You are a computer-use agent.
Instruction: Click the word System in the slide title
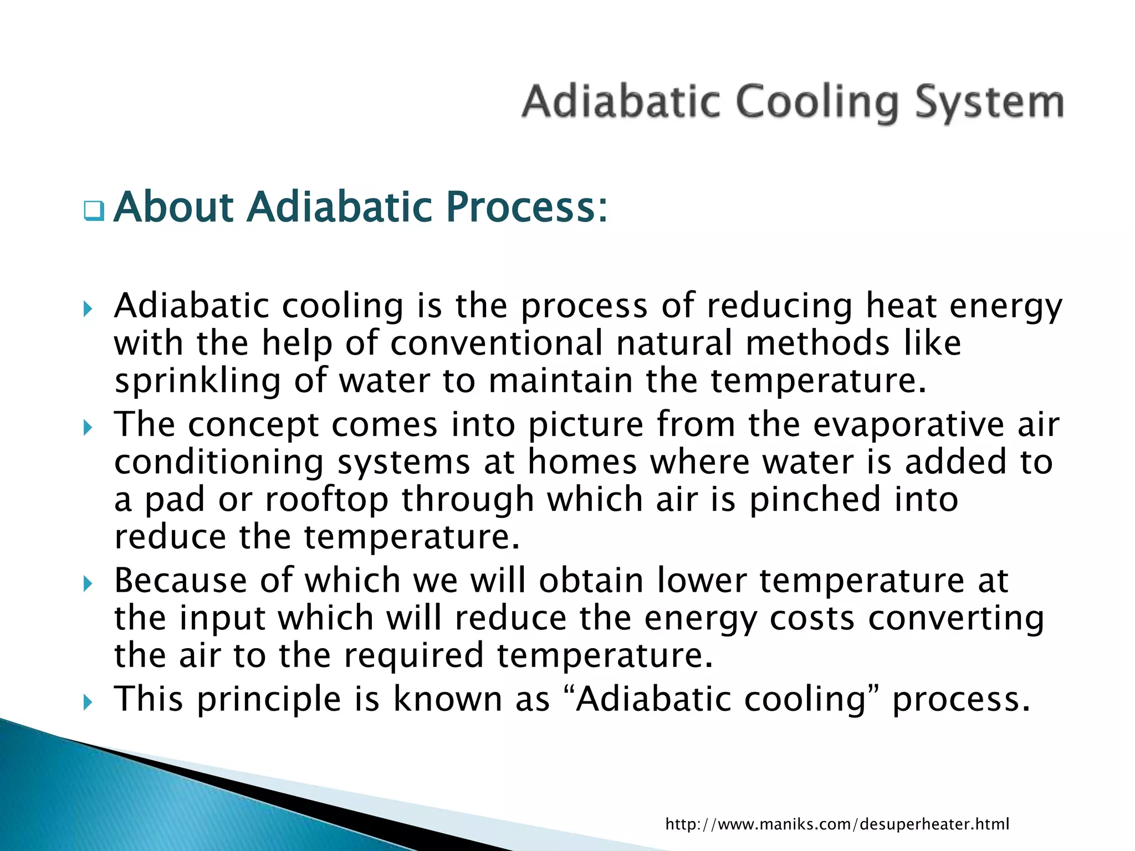(989, 102)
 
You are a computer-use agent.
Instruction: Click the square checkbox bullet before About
(94, 211)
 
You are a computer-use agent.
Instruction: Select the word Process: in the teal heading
(526, 207)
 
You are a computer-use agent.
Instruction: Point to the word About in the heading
(173, 207)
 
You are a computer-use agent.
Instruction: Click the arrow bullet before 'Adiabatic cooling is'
(88, 309)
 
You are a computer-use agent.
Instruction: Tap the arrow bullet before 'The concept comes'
(88, 427)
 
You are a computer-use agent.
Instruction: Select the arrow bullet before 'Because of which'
(88, 583)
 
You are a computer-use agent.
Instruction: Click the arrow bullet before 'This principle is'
(88, 702)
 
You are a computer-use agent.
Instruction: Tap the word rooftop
(326, 499)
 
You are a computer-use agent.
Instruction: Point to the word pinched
(814, 499)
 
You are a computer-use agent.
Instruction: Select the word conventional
(495, 343)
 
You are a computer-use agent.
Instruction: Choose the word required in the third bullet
(413, 655)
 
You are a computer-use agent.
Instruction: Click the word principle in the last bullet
(269, 700)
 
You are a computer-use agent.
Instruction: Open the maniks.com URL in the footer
(837, 824)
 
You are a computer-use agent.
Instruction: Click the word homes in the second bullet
(582, 462)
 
